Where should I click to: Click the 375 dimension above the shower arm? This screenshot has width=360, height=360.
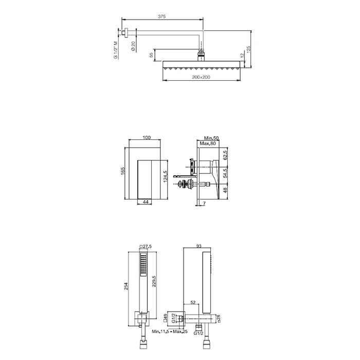(x=161, y=16)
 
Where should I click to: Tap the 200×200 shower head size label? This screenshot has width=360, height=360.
(x=201, y=77)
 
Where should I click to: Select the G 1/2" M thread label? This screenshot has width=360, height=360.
(x=116, y=50)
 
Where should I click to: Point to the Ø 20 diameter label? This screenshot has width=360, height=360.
(x=133, y=46)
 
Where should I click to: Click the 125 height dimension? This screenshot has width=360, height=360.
(x=248, y=49)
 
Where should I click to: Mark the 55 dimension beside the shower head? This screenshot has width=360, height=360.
(x=151, y=55)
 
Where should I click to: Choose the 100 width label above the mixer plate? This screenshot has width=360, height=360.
(x=147, y=137)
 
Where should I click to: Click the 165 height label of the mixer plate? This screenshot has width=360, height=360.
(x=122, y=171)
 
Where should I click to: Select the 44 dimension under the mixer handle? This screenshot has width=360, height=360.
(x=146, y=202)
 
